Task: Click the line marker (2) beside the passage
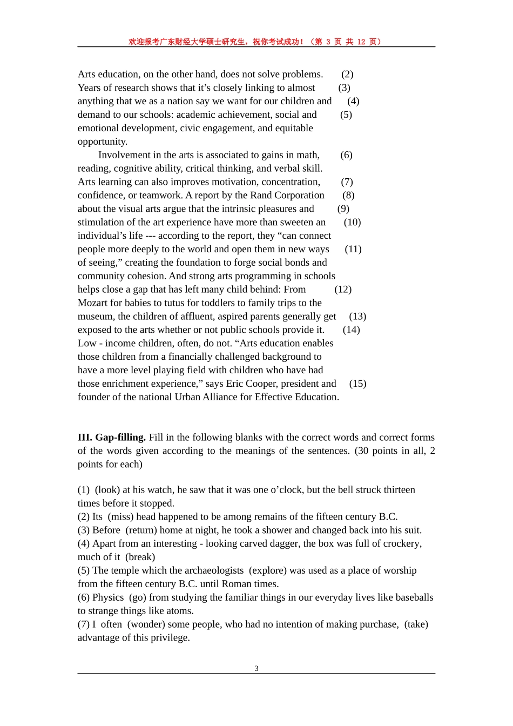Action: (x=347, y=74)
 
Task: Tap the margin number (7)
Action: (x=347, y=181)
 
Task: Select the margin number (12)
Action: (x=343, y=289)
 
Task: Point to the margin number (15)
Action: (x=357, y=384)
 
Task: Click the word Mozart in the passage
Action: (x=93, y=302)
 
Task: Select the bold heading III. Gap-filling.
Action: (x=112, y=438)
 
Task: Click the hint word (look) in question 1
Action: (x=107, y=490)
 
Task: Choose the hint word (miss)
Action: (x=120, y=517)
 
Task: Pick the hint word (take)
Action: (x=416, y=624)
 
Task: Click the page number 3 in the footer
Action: (x=256, y=669)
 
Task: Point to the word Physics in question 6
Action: (x=108, y=597)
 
